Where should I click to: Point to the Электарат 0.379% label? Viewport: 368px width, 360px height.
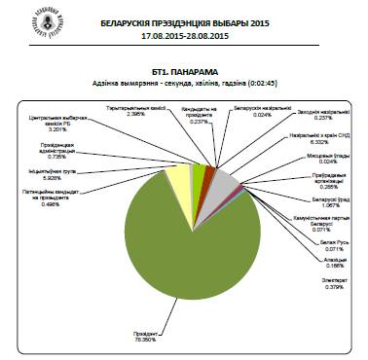(305, 284)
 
